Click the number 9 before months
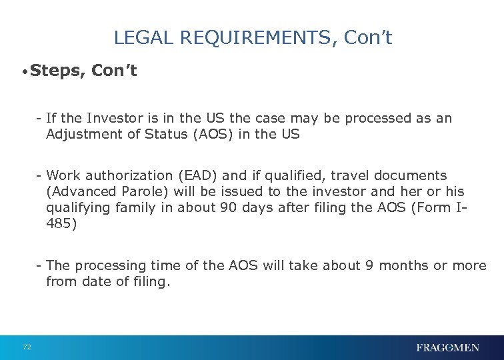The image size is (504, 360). click(x=369, y=266)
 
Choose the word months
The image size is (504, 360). click(x=405, y=266)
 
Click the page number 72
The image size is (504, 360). click(x=27, y=347)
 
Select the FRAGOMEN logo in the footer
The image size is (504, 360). click(x=447, y=347)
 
